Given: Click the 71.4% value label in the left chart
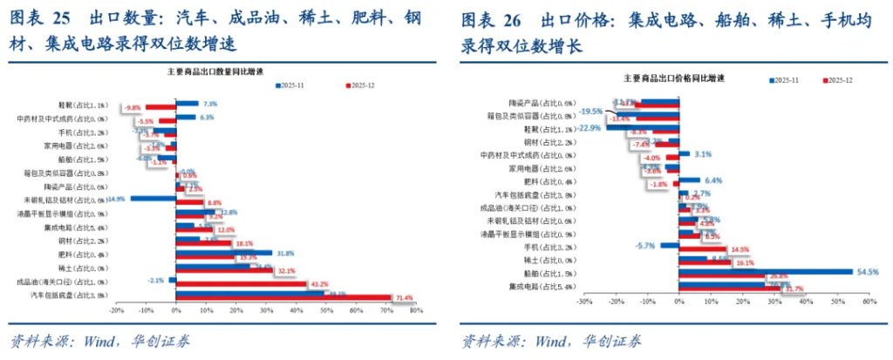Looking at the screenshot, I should pyautogui.click(x=404, y=298).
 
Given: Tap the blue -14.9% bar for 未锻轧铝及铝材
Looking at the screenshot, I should pyautogui.click(x=153, y=199).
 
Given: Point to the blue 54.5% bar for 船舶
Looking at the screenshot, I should pyautogui.click(x=765, y=271).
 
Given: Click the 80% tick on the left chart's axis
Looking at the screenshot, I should pyautogui.click(x=416, y=310).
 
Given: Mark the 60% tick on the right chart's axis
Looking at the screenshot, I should pyautogui.click(x=869, y=302).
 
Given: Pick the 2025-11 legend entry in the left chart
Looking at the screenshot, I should pyautogui.click(x=291, y=85).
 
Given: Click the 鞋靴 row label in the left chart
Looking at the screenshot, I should pyautogui.click(x=87, y=105).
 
